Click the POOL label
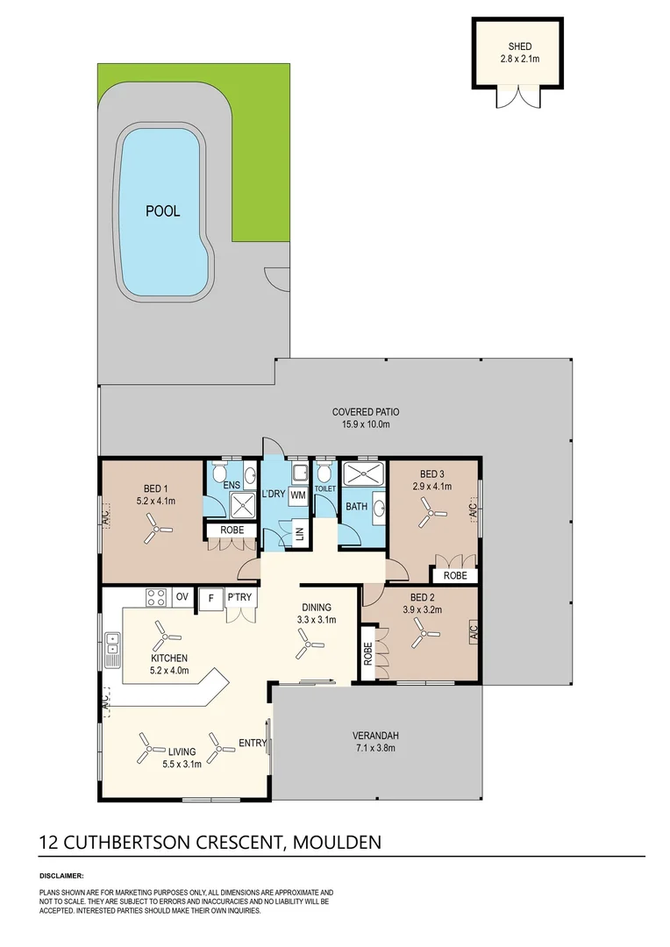(x=162, y=210)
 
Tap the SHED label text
(x=519, y=46)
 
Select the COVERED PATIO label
(x=366, y=412)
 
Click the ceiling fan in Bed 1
(x=157, y=530)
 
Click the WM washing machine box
(x=298, y=495)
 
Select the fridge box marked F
(x=210, y=599)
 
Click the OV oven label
(x=182, y=597)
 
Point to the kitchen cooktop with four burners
(x=156, y=597)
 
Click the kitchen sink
(x=112, y=650)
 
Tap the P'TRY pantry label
(x=239, y=597)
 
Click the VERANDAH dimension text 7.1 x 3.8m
(x=375, y=748)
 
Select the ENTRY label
(x=253, y=743)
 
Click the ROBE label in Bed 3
(x=455, y=575)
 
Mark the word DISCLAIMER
(x=61, y=875)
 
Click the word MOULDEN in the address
(x=337, y=842)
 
